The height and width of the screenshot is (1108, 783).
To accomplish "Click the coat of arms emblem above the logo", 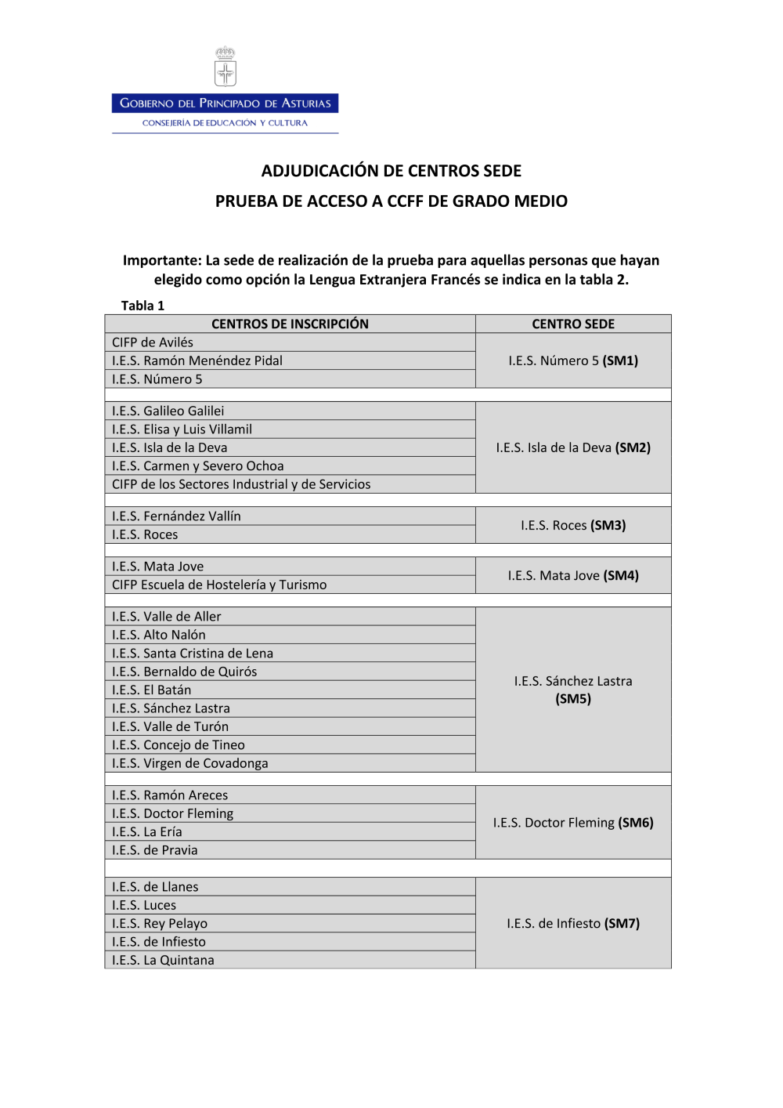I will point(226,67).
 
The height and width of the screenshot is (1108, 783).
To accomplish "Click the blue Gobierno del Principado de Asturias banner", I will point(226,103).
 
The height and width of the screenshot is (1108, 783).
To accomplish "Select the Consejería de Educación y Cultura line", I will point(226,123).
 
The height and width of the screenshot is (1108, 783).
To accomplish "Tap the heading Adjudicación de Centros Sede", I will point(391,171).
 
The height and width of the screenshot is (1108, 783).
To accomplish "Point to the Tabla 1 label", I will point(143,306).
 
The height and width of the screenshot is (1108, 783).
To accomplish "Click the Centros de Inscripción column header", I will point(290,324).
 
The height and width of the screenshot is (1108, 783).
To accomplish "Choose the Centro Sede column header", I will point(573,324).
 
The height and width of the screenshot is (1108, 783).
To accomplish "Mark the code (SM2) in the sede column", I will point(633,447).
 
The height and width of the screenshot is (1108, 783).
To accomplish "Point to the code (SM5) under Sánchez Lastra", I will point(573,699).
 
